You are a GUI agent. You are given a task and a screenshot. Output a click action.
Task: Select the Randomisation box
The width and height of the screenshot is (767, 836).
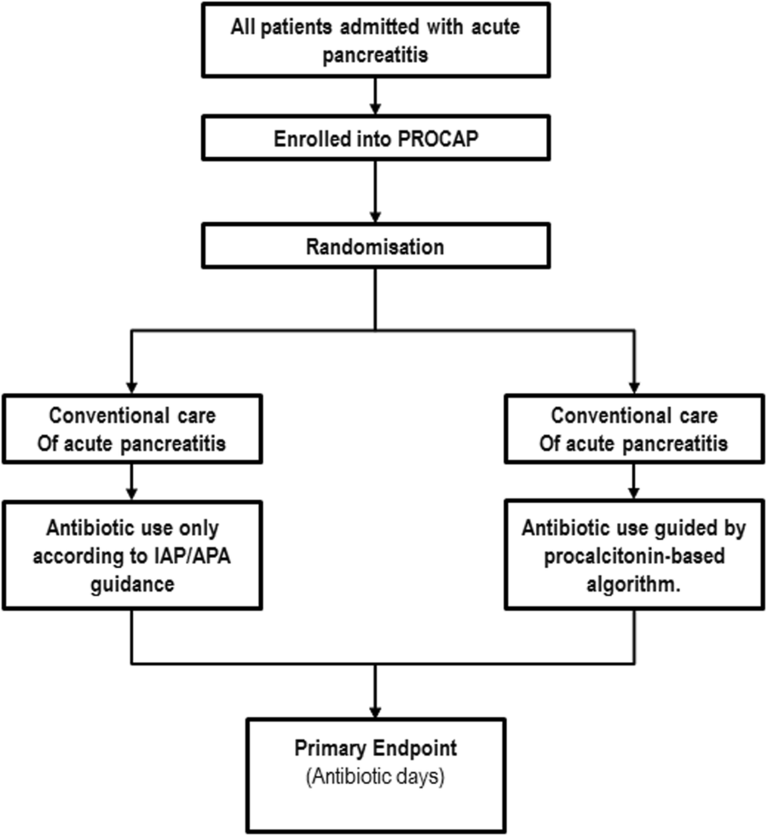click(x=375, y=247)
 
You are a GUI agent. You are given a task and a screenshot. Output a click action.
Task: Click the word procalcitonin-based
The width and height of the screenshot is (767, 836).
click(x=636, y=551)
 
